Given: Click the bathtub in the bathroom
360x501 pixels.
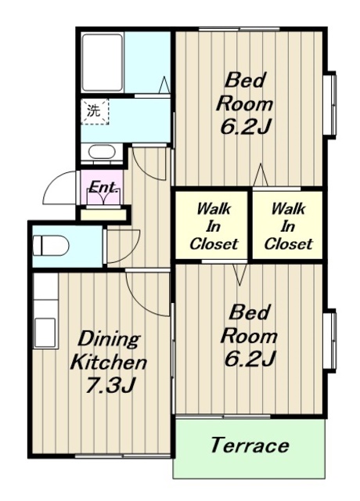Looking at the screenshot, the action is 103,63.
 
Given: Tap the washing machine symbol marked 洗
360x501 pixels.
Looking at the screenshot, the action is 95,111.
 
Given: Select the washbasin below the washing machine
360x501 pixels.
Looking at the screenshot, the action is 102,153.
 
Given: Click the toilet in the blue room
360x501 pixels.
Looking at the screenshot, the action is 51,246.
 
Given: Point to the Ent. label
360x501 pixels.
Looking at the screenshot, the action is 103,187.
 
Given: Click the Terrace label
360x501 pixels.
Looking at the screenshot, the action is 250,445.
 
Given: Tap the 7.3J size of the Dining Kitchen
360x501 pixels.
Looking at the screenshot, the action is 109,385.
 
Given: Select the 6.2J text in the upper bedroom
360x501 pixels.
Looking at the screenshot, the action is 246,128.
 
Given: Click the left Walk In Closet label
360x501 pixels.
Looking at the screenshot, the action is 214,227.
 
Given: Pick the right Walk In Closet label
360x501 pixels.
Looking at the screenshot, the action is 288,227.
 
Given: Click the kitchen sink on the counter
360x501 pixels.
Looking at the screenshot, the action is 45,333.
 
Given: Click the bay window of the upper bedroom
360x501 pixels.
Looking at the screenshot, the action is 331,104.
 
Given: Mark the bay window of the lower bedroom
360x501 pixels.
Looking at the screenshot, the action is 331,341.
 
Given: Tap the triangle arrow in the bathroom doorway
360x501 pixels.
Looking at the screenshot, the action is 164,85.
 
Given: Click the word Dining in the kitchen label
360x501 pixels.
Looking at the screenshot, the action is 109,340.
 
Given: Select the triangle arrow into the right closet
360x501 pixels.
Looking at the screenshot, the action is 261,175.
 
